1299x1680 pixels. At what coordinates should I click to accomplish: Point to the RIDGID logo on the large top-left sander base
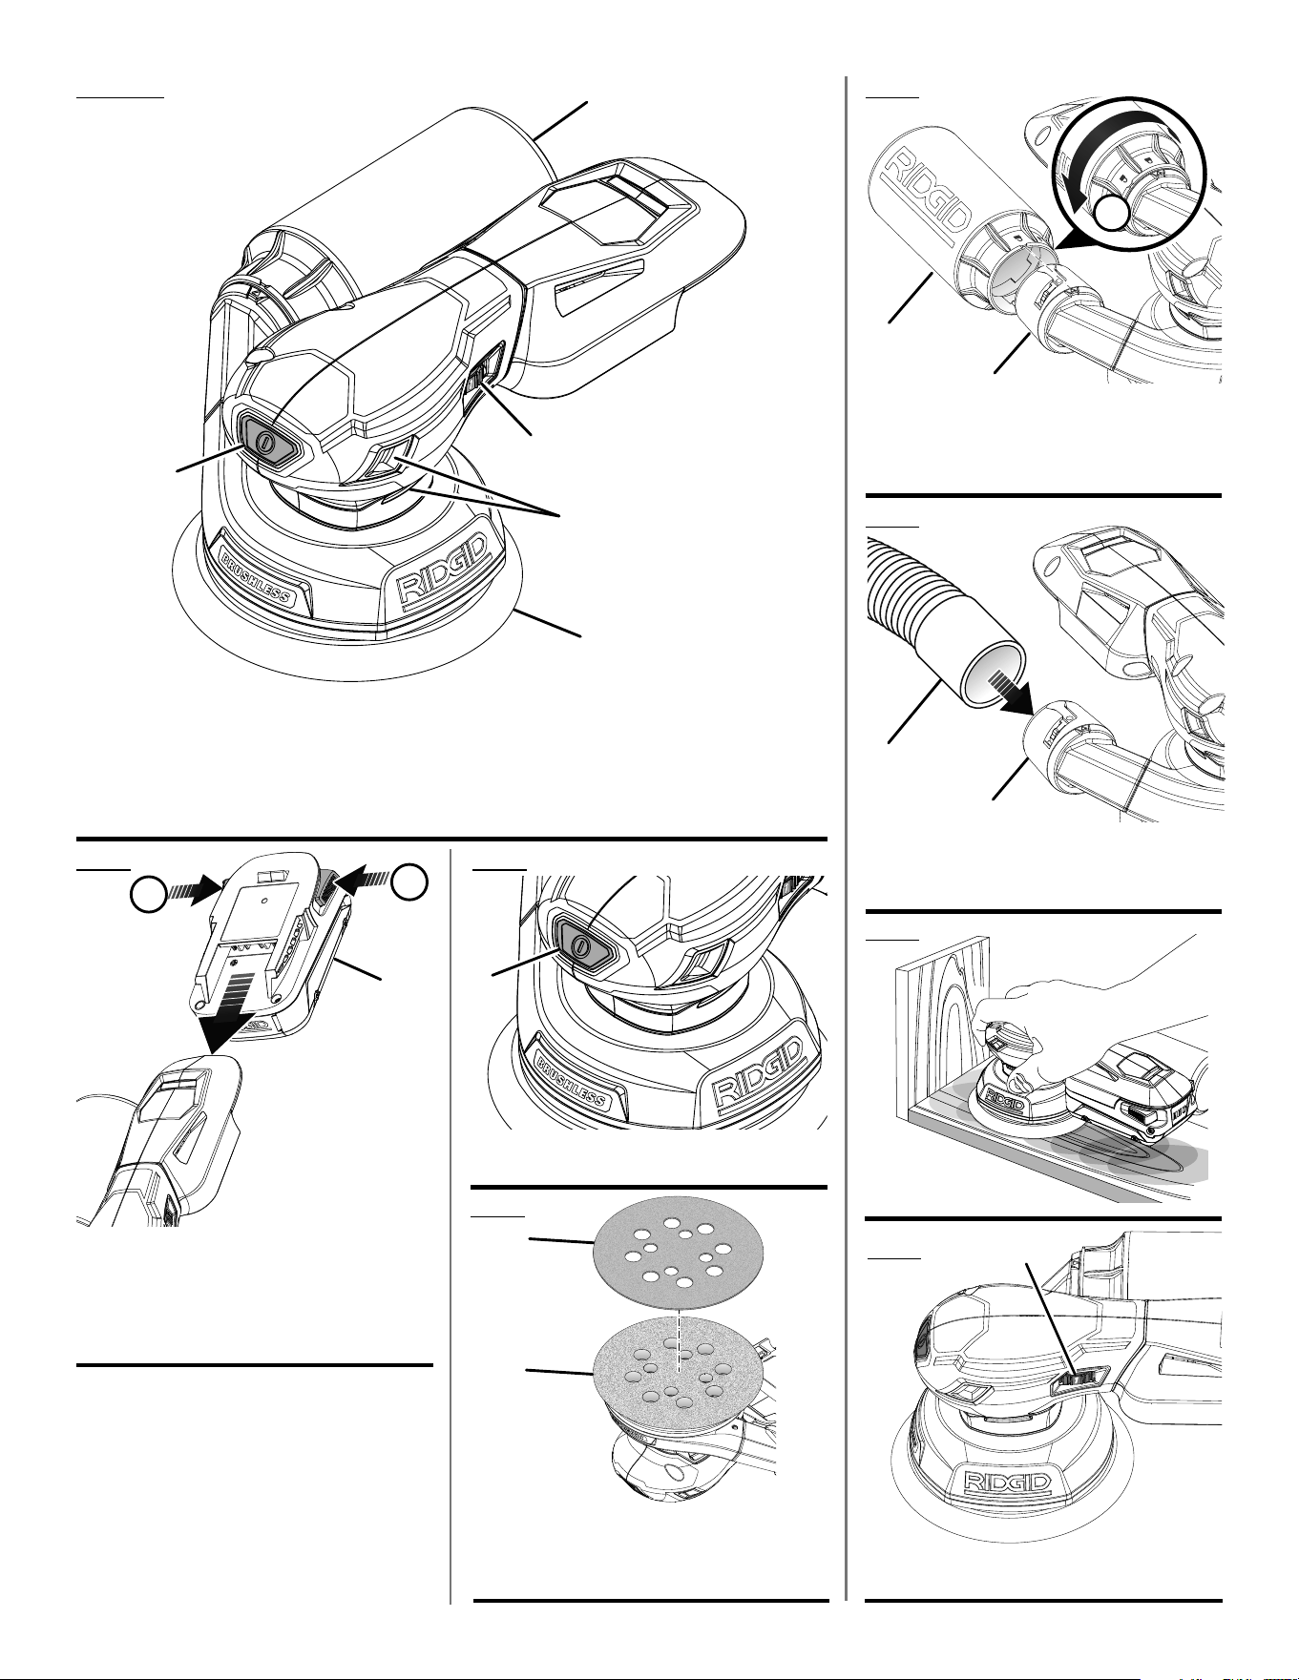pos(444,570)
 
